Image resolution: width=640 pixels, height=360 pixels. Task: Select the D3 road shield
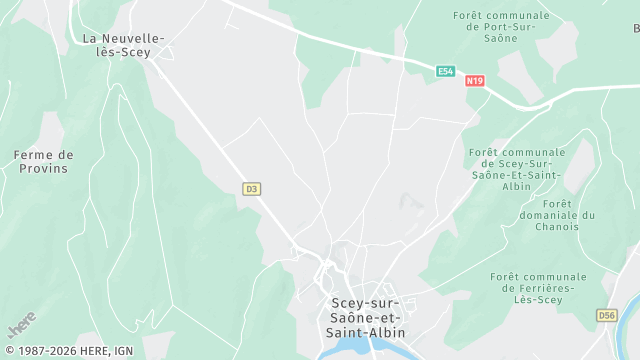(x=251, y=188)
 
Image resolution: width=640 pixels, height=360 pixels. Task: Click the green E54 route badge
(x=446, y=71)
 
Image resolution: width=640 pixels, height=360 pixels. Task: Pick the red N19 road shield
(x=475, y=81)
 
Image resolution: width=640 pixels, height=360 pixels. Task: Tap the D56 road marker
(x=606, y=315)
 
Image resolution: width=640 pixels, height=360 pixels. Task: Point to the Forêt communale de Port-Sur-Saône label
(x=501, y=27)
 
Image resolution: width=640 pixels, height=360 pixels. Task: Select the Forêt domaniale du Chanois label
(x=558, y=221)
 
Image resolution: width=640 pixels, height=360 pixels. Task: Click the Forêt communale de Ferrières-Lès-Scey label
(x=538, y=288)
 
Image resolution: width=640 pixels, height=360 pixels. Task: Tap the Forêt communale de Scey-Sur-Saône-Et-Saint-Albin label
(x=516, y=169)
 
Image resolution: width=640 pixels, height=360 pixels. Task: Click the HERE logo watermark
(x=21, y=324)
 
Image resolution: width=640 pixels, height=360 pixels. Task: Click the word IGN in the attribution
(x=124, y=350)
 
